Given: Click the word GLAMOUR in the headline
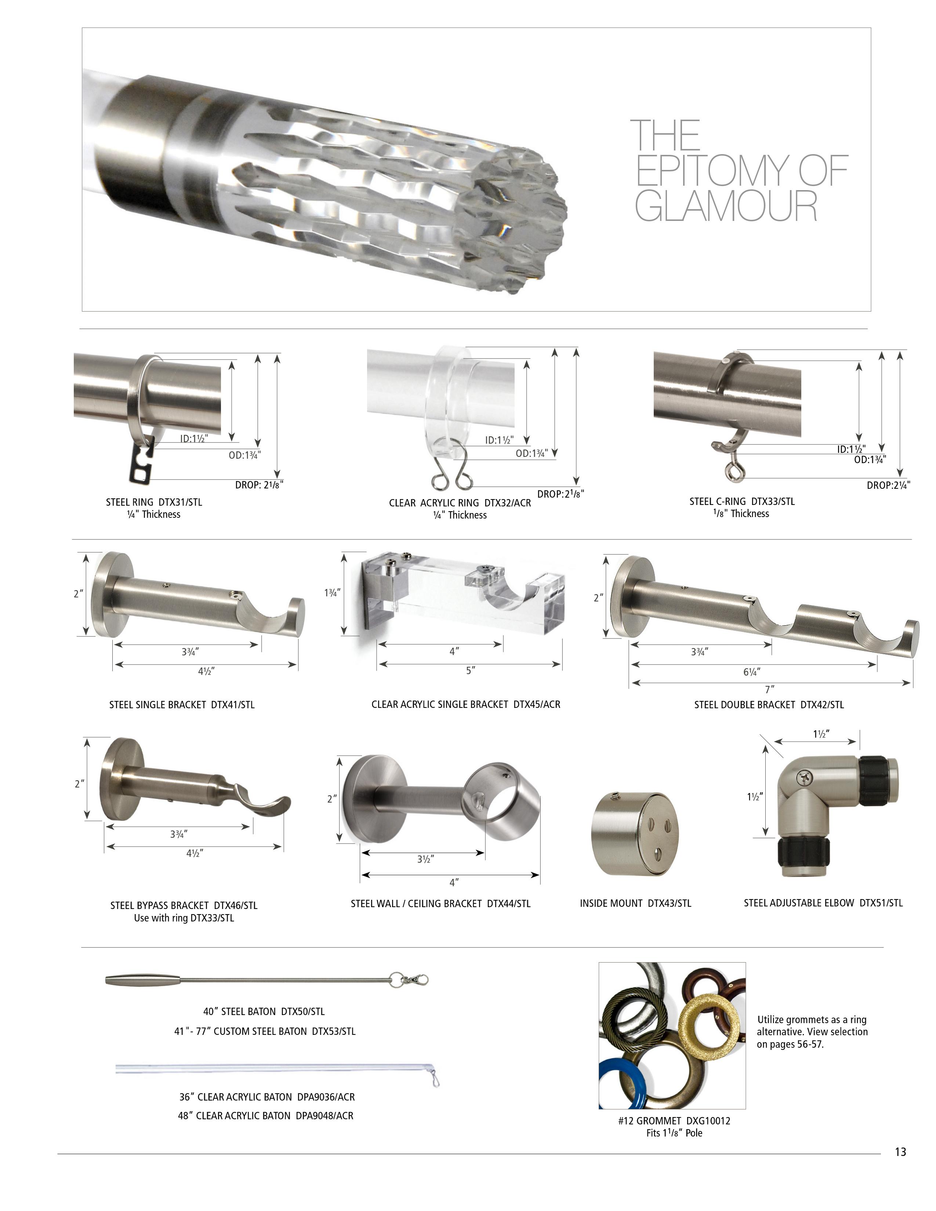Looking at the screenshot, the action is click(725, 206).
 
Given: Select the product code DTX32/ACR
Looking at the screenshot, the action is click(507, 503).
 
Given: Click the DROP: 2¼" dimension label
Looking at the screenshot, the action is click(888, 485).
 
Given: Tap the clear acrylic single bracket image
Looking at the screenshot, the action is click(463, 593).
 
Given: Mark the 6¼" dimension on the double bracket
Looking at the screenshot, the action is click(751, 672).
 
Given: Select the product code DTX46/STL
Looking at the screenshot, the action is click(236, 905).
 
